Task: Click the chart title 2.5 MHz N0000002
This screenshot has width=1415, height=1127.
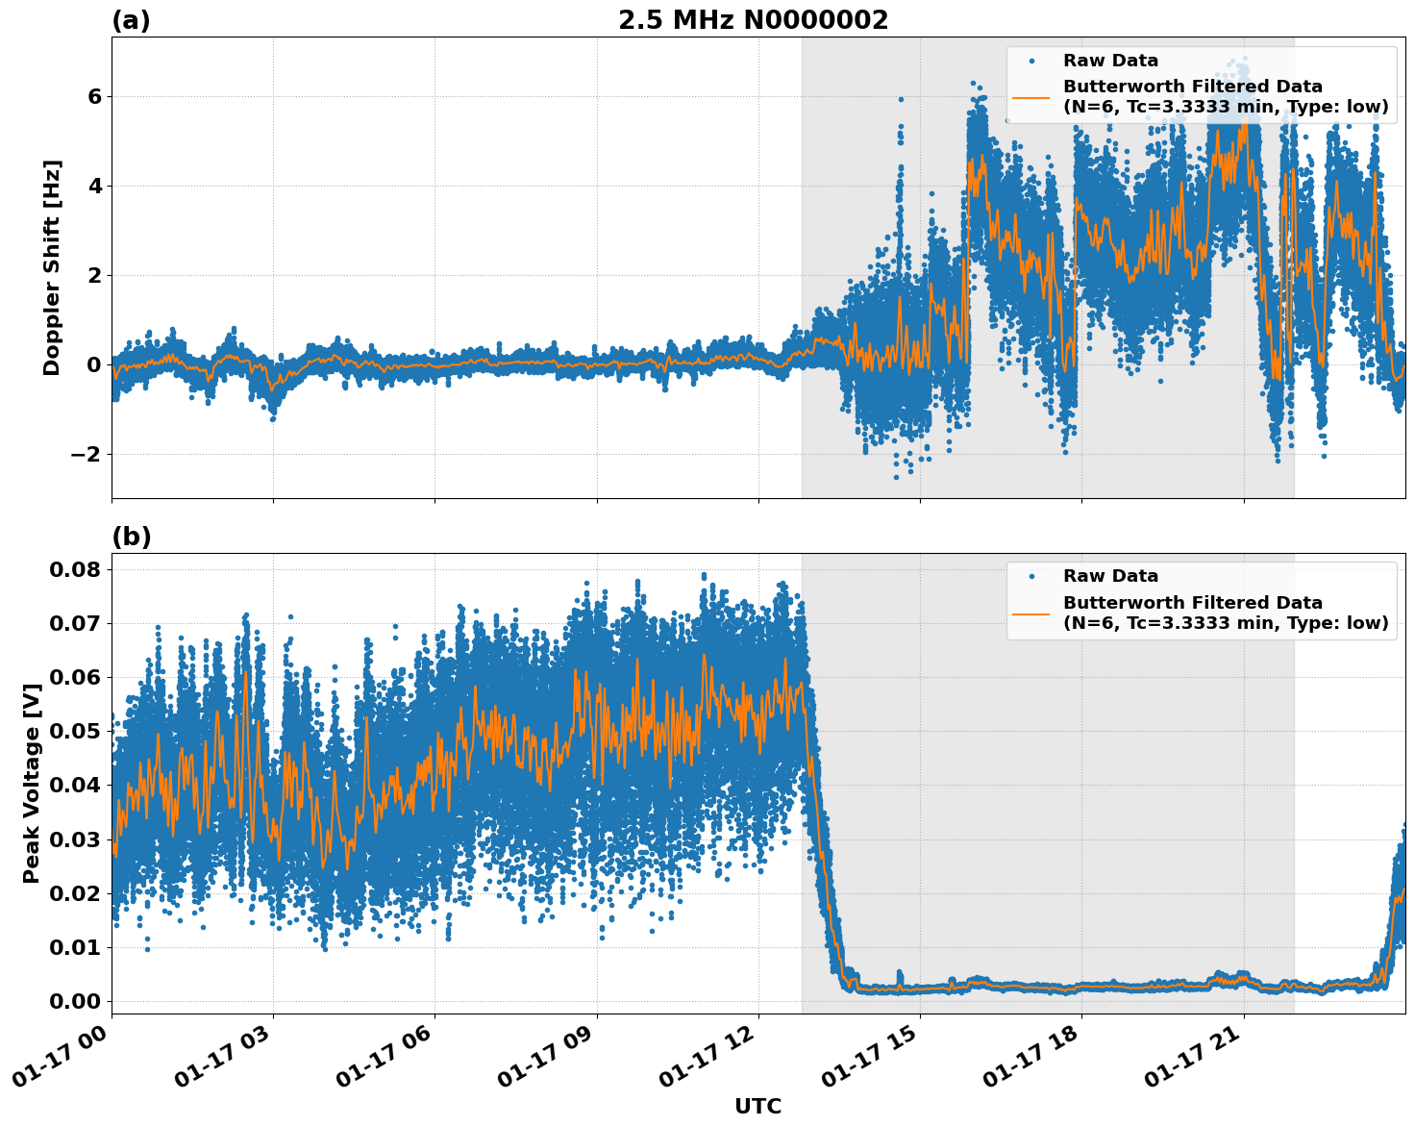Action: [753, 20]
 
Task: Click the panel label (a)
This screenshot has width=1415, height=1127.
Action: [131, 20]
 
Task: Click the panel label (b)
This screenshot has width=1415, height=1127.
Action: [131, 537]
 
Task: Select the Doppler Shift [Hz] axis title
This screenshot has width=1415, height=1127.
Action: [52, 267]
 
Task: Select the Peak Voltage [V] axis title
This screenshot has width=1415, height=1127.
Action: [32, 783]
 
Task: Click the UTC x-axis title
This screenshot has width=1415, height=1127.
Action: [757, 1106]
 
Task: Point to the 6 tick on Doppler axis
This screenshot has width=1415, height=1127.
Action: [94, 96]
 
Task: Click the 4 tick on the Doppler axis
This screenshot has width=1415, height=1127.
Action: [94, 186]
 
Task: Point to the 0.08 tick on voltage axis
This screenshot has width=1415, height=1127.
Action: [75, 569]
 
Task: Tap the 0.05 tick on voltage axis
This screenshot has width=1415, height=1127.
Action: [75, 731]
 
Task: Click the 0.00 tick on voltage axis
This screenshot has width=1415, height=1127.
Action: [75, 1001]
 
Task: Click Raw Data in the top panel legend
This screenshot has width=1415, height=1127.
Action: [1110, 61]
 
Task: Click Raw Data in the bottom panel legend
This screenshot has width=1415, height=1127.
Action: [1110, 576]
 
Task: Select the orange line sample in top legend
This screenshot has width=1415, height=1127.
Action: [1031, 96]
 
